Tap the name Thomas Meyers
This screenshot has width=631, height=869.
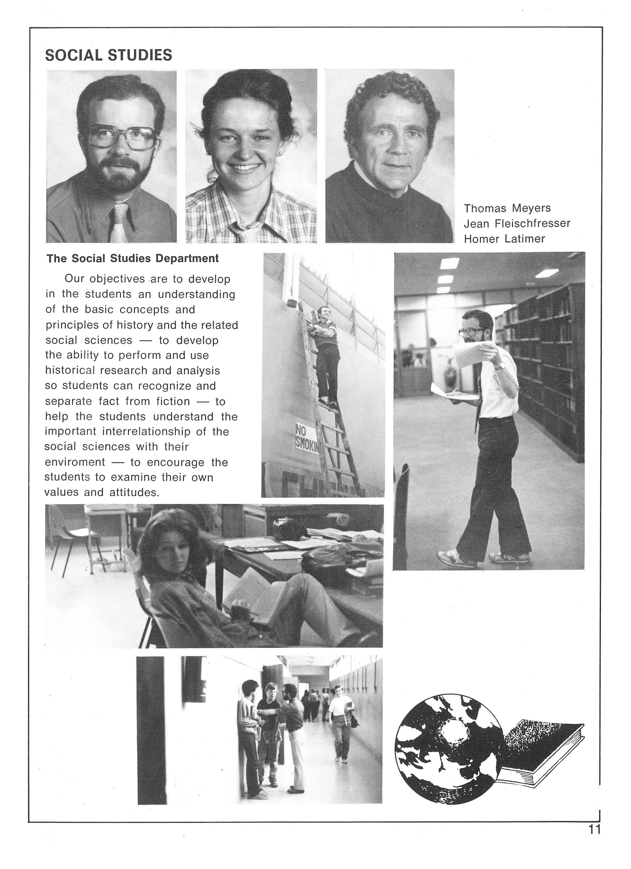coord(507,208)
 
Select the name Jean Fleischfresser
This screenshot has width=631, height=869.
coord(517,223)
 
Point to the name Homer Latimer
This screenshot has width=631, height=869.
coord(504,239)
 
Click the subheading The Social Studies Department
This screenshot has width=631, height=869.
coord(132,259)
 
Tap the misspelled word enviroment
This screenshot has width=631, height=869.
coord(75,462)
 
